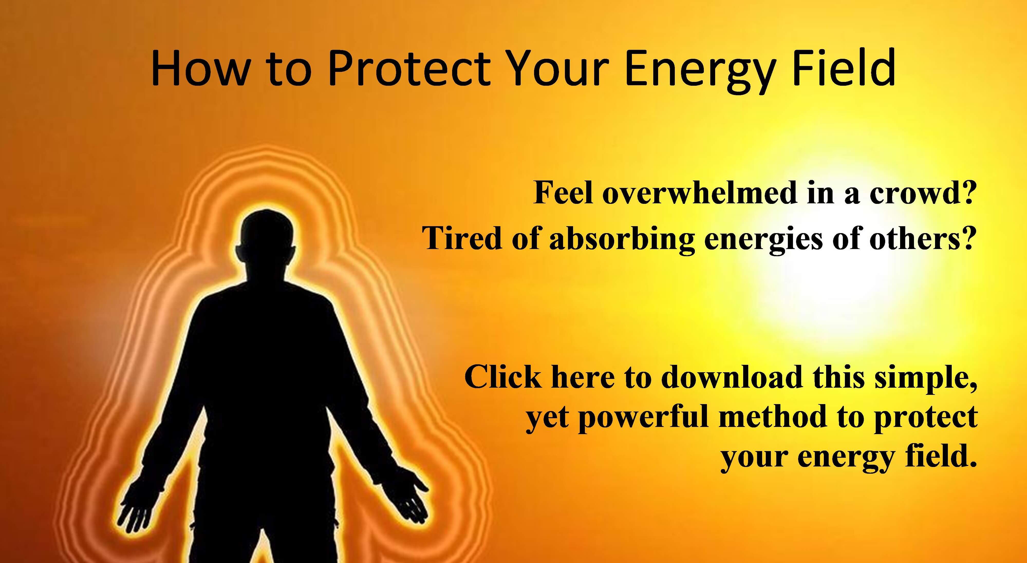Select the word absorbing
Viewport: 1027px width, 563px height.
[622, 240]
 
